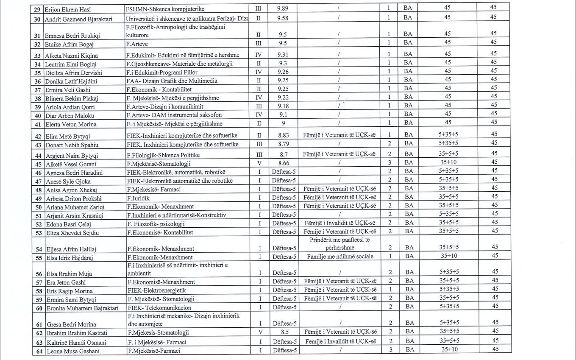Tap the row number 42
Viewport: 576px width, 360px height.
tap(38, 137)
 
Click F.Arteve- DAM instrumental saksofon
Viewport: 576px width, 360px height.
tap(174, 115)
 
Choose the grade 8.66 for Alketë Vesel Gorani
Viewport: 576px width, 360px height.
tap(283, 163)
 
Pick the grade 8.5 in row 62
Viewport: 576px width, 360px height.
tap(283, 332)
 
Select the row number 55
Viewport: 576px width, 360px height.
tap(38, 257)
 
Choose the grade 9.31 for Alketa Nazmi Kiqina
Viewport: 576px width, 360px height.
tap(283, 55)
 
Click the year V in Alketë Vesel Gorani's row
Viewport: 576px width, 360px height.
tap(259, 163)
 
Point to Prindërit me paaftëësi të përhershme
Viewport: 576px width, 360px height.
tap(339, 243)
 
